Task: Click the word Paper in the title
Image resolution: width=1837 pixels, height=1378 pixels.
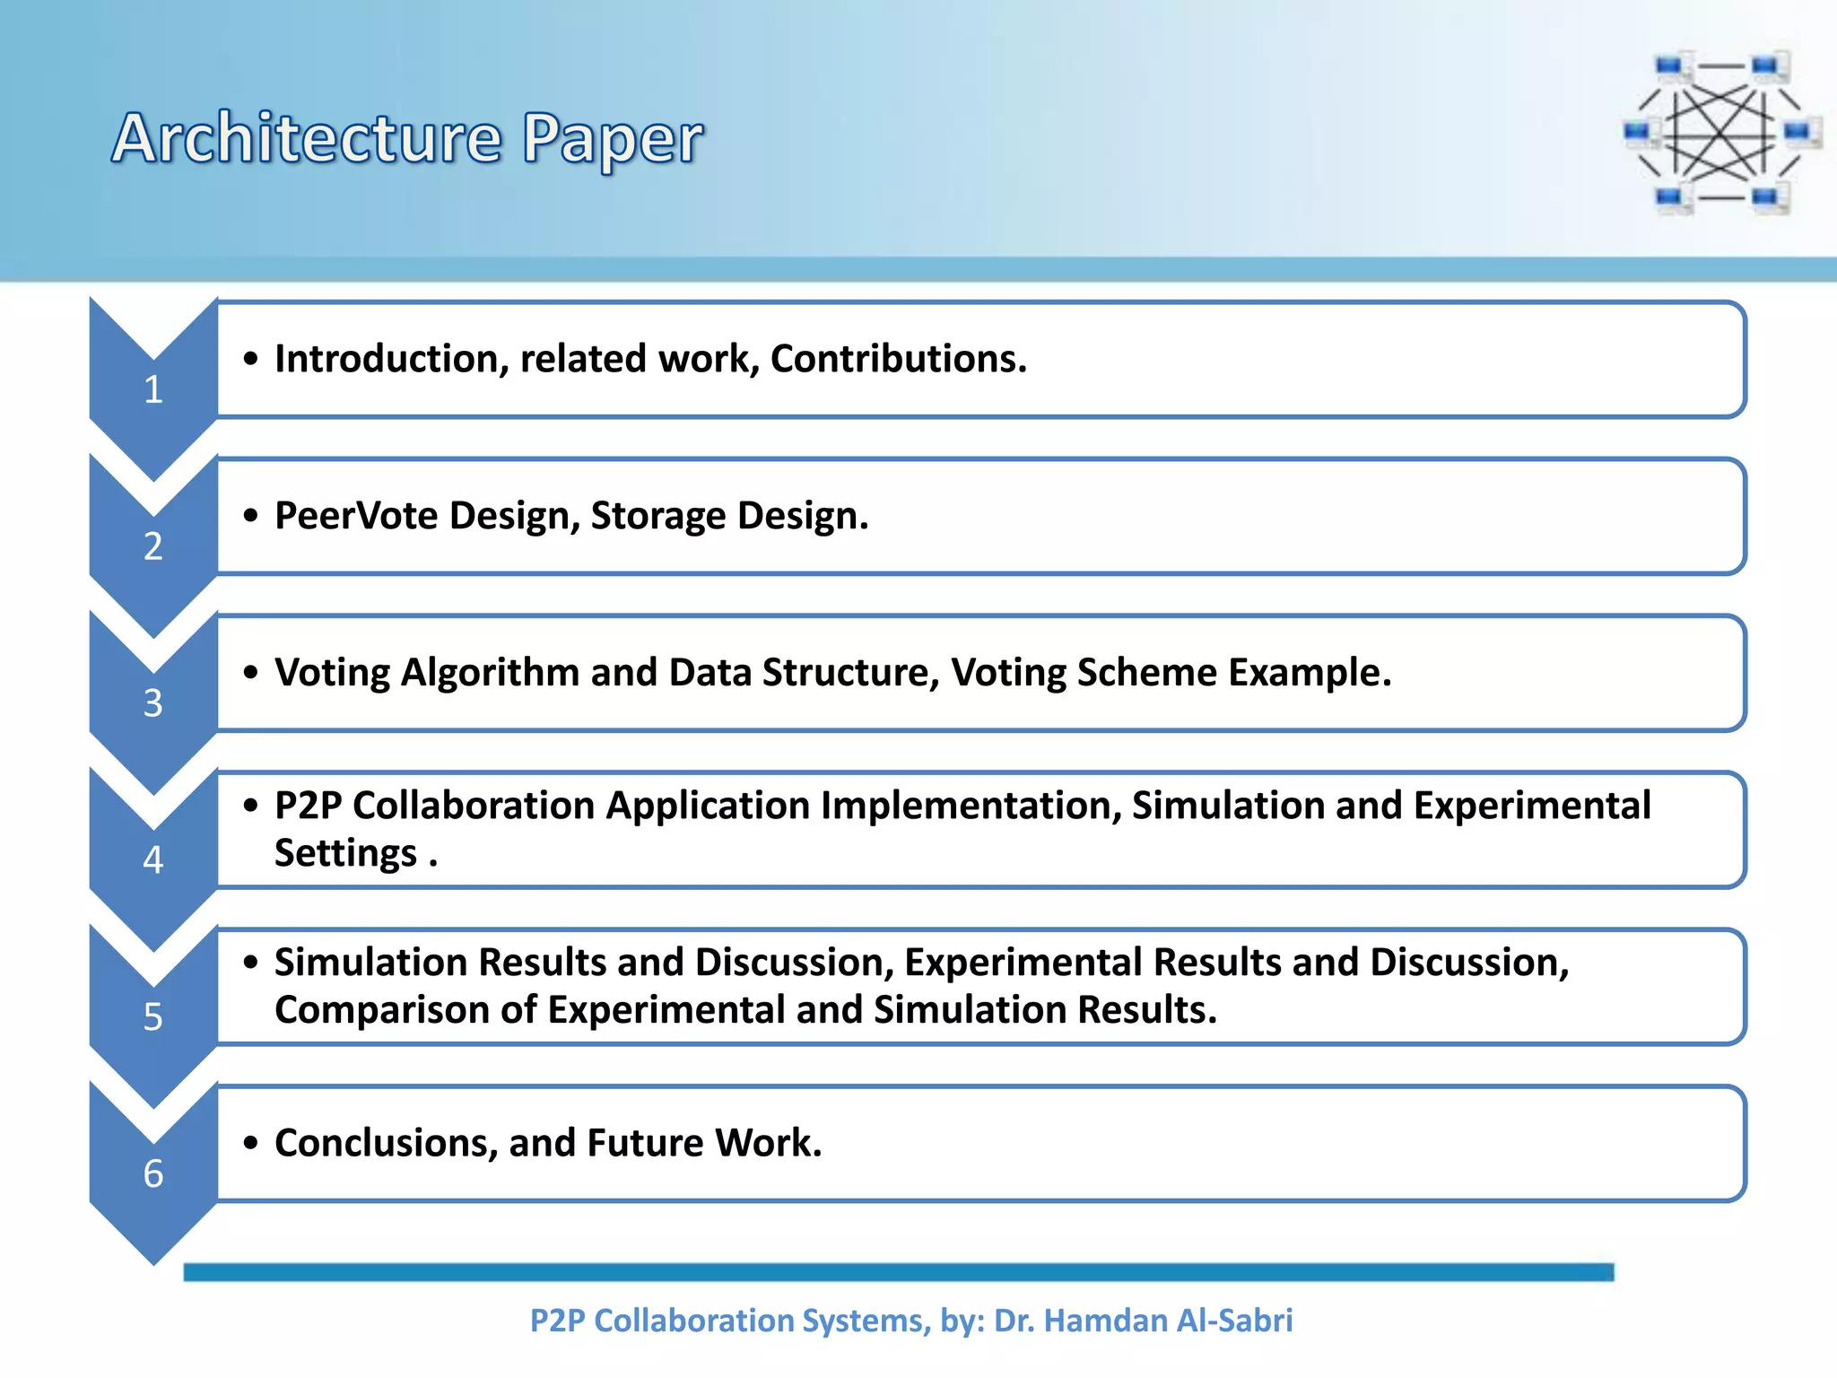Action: [613, 139]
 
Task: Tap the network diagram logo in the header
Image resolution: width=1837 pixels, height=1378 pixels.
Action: [1722, 133]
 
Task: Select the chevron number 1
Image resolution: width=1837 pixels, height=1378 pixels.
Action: [153, 389]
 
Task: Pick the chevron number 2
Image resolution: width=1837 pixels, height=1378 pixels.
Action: [153, 546]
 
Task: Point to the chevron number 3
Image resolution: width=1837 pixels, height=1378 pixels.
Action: [153, 703]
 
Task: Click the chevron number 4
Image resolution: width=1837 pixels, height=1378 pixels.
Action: [153, 860]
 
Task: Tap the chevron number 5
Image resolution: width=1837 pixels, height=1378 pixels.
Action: [153, 1017]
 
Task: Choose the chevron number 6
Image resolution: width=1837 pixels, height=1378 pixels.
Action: [153, 1173]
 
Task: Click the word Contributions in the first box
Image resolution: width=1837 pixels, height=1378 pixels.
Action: [897, 359]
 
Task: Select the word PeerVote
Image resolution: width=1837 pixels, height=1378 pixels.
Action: [356, 516]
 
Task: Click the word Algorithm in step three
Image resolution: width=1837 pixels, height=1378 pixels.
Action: [490, 673]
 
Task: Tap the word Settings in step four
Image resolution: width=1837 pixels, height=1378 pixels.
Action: [346, 853]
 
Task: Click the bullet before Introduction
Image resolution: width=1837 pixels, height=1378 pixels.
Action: [251, 359]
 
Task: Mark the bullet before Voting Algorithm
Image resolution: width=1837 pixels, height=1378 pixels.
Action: [251, 673]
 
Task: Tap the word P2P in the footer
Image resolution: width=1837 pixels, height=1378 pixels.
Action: [556, 1321]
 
